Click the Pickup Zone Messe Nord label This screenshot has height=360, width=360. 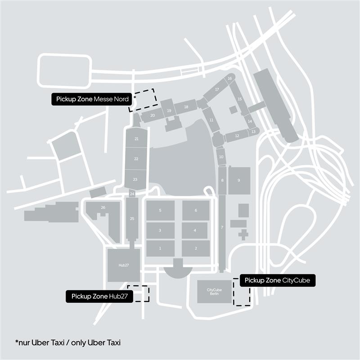point(92,99)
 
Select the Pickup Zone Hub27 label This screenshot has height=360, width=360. point(99,297)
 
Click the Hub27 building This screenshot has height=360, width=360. point(124,265)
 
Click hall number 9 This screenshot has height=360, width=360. point(239,180)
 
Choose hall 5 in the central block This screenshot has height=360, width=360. point(160,210)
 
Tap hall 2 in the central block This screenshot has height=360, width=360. point(196,248)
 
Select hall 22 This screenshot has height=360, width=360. point(136,159)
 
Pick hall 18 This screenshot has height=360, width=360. point(186,107)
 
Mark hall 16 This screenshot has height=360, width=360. point(229,79)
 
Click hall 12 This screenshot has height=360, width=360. point(237,135)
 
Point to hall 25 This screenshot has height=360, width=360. point(132,219)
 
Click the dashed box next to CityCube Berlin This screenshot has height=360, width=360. point(242,292)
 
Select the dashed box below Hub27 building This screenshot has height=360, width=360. point(138,293)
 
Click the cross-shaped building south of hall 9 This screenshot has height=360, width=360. point(243,234)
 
